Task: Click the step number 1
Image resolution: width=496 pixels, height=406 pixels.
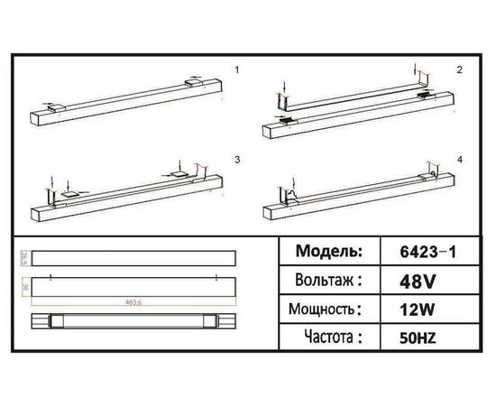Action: coord(236,69)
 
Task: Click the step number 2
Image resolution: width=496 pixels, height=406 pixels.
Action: coord(459,69)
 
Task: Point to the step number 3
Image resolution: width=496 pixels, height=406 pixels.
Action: coord(236,159)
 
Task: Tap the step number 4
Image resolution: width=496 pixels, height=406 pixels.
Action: coord(459,159)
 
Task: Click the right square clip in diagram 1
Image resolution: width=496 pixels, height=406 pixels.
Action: coord(194,82)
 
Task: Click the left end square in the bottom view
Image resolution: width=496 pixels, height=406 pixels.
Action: coord(53,321)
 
